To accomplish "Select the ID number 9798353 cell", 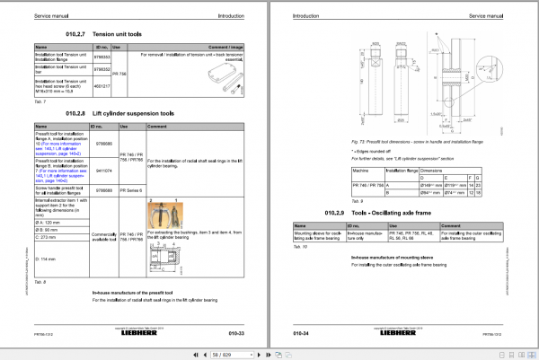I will click(102, 57).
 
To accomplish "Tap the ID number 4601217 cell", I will click(102, 86).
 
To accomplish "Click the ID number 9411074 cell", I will click(102, 170).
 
